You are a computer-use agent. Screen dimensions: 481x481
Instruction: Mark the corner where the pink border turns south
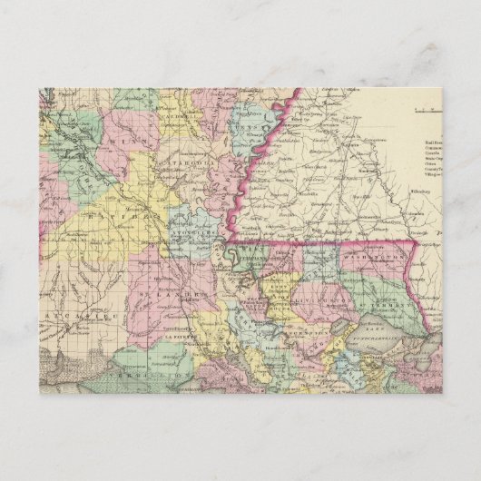click(x=417, y=240)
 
